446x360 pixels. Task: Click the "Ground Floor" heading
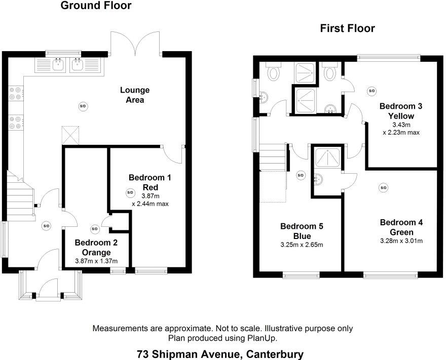click(x=96, y=6)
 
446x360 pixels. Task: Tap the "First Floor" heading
click(x=347, y=28)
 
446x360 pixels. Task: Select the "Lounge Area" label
click(x=135, y=95)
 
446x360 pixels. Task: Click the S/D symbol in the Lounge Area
click(x=83, y=106)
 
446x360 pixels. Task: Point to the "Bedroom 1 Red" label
click(x=150, y=182)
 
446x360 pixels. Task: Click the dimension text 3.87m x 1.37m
click(x=96, y=261)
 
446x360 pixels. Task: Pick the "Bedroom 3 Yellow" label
click(x=401, y=111)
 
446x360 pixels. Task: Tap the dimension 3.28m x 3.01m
click(x=401, y=241)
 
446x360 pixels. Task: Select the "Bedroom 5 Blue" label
click(x=301, y=231)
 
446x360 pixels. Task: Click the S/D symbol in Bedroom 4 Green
click(x=383, y=188)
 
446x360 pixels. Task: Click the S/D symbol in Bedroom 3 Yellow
click(x=371, y=91)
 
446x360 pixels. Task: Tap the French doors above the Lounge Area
click(x=136, y=45)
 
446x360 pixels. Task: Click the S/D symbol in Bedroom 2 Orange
click(x=94, y=228)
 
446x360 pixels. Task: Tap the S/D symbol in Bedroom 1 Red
click(x=130, y=193)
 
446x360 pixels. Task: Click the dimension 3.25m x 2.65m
click(x=301, y=245)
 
